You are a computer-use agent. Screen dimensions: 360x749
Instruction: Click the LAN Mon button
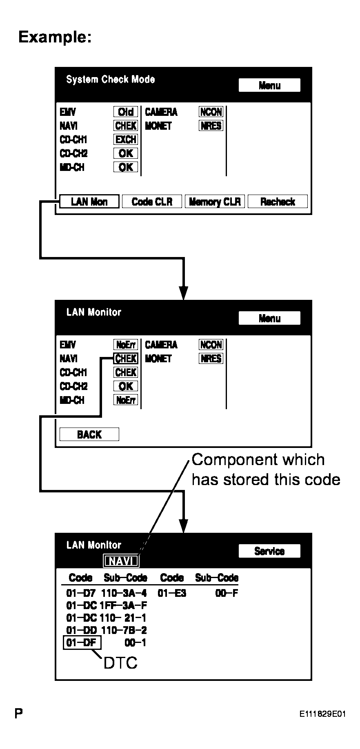tap(89, 202)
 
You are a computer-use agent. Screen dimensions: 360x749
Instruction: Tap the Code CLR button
tap(152, 202)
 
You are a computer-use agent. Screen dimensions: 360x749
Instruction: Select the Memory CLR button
tap(215, 202)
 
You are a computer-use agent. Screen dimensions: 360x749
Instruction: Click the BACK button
tap(89, 434)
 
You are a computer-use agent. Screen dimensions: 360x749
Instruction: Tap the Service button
tap(269, 551)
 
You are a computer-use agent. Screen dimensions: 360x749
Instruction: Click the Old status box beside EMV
tap(126, 112)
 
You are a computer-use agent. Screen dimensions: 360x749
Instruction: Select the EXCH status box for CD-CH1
tap(126, 140)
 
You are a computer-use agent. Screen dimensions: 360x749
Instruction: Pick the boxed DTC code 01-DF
tap(82, 643)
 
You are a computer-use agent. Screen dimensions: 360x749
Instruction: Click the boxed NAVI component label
tap(121, 561)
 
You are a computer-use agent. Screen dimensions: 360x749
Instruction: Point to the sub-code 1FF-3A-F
tap(123, 605)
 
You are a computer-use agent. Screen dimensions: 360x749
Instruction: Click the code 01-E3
tap(172, 593)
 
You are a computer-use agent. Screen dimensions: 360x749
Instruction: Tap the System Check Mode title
tap(111, 80)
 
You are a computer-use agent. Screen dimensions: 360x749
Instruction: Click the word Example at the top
tap(55, 37)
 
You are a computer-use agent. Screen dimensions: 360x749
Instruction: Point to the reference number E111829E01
tap(322, 714)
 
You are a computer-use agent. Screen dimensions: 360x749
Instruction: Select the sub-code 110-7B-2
tap(124, 630)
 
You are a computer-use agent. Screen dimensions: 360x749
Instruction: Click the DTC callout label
tap(120, 663)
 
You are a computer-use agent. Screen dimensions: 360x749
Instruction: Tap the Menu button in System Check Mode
tap(269, 85)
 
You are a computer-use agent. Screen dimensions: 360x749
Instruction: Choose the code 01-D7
tap(81, 593)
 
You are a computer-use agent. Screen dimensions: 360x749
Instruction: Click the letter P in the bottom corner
tap(18, 714)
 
